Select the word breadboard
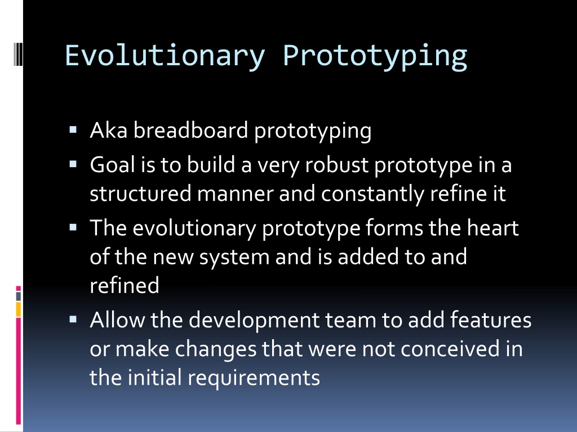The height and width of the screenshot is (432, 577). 190,130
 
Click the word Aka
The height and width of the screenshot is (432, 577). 109,130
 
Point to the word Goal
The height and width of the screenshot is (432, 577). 113,164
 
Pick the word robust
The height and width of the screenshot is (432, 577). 337,164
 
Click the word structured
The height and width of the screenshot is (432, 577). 140,193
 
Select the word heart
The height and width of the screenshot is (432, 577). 492,228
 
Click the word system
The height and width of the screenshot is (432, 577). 234,257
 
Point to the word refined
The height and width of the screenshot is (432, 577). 125,285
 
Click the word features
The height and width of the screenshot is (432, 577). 491,319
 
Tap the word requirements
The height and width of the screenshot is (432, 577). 254,378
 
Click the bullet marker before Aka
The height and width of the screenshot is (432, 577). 73,129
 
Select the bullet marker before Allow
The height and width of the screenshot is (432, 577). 73,319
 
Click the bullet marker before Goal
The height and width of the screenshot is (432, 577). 73,164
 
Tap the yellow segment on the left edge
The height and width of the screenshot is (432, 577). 18,309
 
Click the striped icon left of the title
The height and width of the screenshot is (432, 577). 18,54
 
